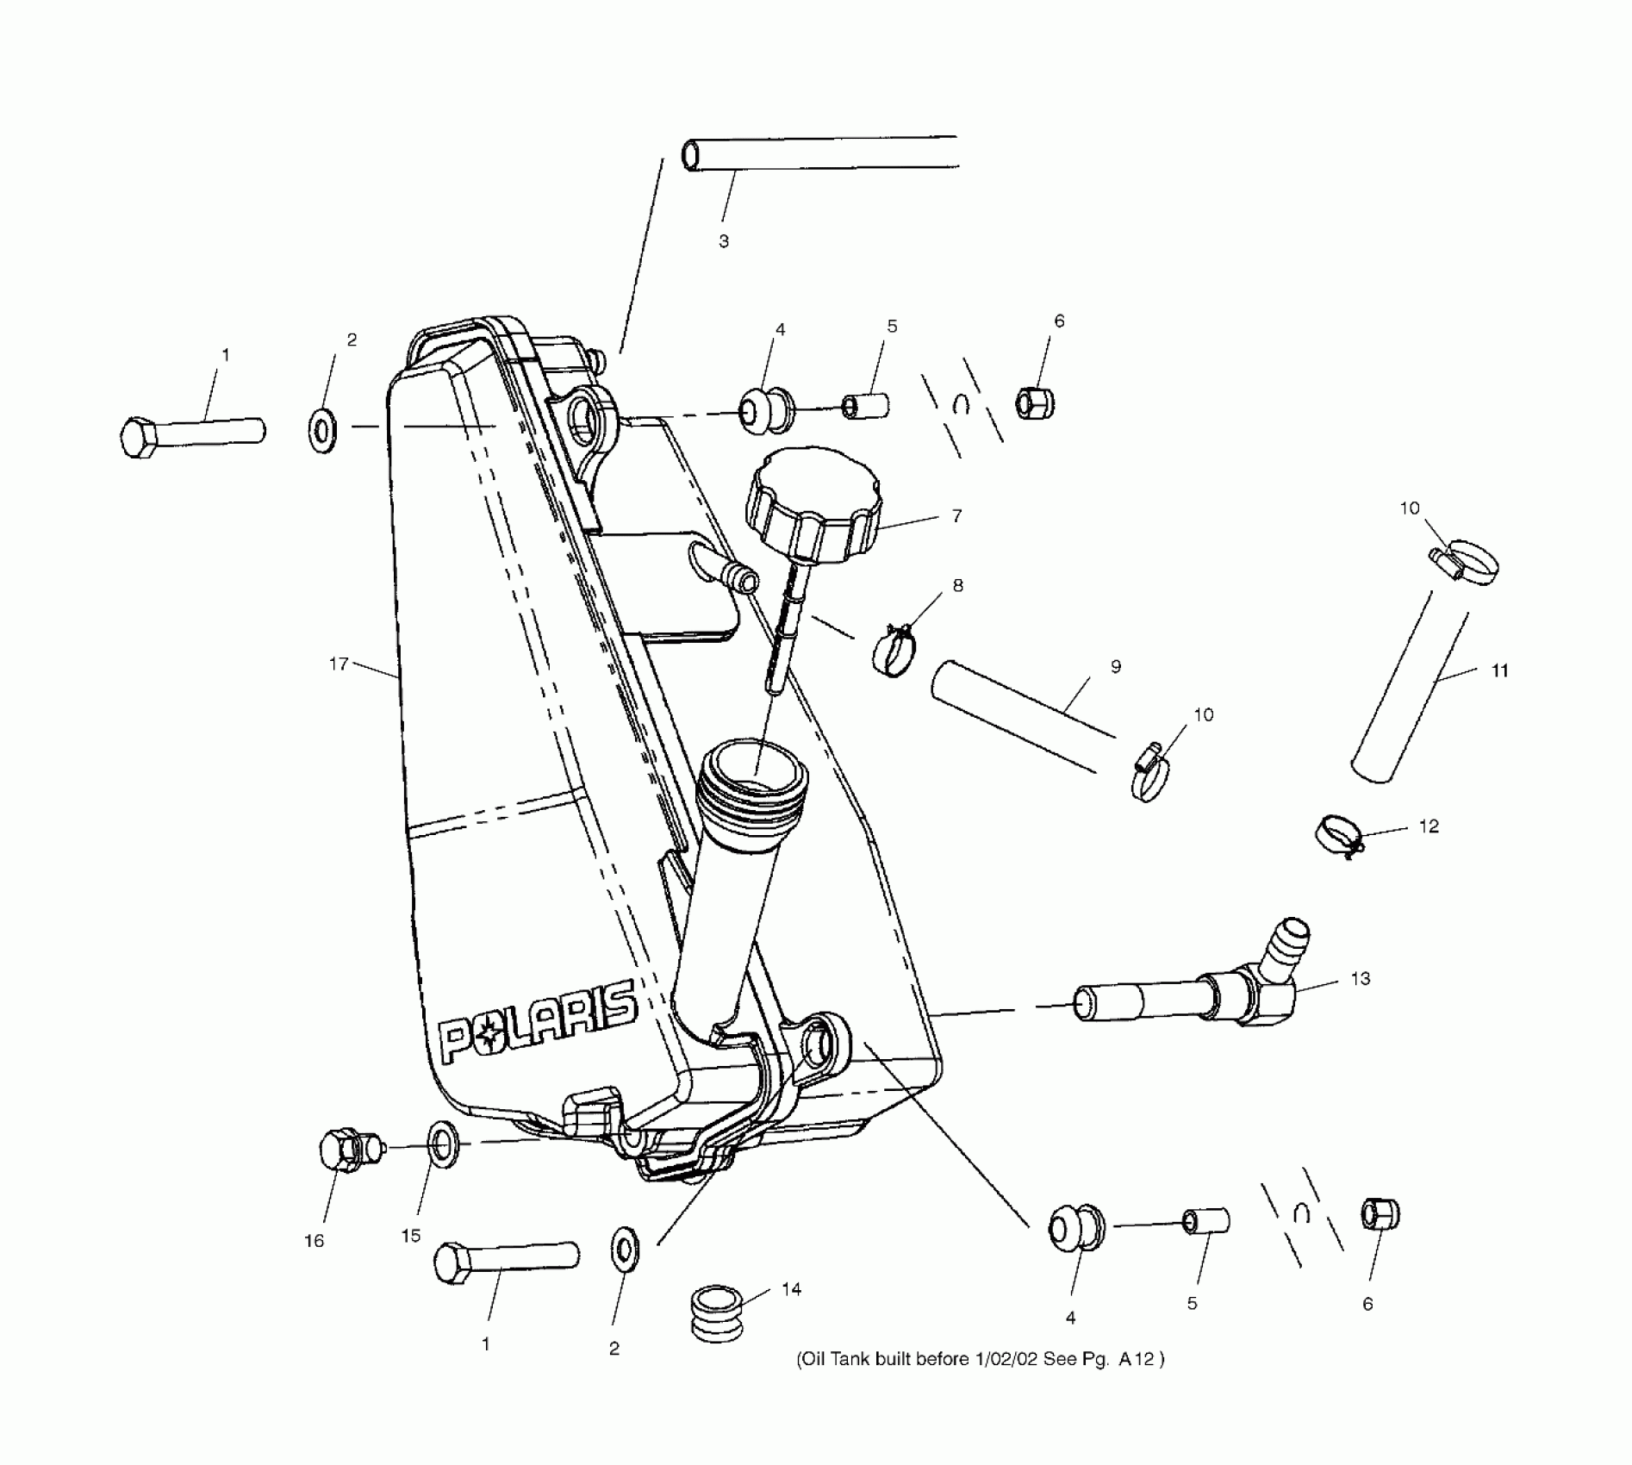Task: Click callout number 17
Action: pyautogui.click(x=339, y=664)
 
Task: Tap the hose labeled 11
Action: pyautogui.click(x=1410, y=686)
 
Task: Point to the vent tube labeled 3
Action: pyautogui.click(x=819, y=153)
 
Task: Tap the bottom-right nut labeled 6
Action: pyautogui.click(x=1380, y=1215)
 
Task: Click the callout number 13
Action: pyautogui.click(x=1360, y=979)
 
